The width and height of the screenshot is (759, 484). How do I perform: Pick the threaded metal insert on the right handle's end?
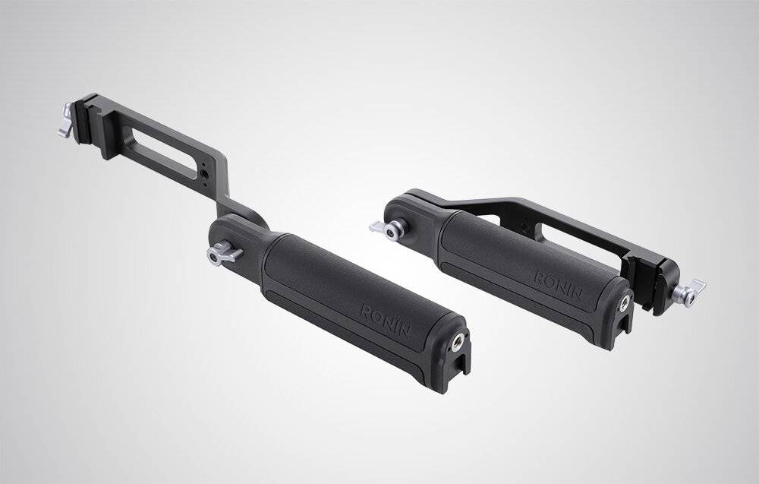pyautogui.click(x=624, y=302)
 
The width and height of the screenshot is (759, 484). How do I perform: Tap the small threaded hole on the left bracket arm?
pyautogui.click(x=206, y=174)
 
